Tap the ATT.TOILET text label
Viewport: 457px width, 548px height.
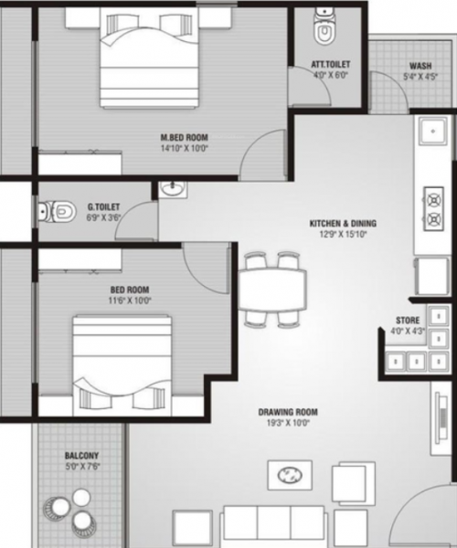point(331,64)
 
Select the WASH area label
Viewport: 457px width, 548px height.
point(421,66)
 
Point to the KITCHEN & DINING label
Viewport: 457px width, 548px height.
point(343,223)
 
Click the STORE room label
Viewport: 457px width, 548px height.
point(408,320)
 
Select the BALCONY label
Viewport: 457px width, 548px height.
point(81,455)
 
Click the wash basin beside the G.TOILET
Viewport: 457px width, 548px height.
point(172,190)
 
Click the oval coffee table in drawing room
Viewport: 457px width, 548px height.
point(289,473)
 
